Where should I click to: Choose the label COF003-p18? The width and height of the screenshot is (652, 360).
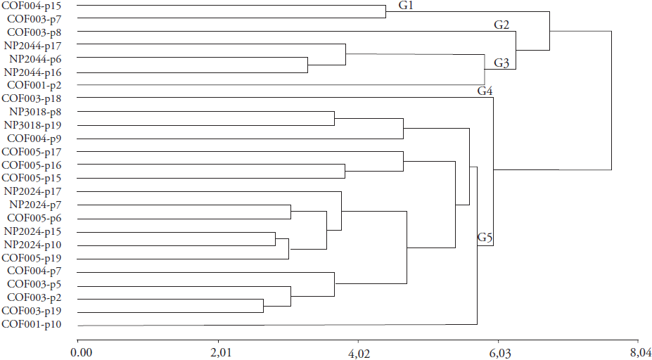pyautogui.click(x=37, y=98)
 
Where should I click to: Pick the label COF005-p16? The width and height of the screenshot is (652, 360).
pyautogui.click(x=37, y=165)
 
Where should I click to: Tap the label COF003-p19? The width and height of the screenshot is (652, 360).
pyautogui.click(x=37, y=311)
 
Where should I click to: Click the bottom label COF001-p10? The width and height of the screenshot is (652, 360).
pyautogui.click(x=37, y=324)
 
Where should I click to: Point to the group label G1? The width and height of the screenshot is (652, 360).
pyautogui.click(x=407, y=6)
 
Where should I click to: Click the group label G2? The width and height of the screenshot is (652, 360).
pyautogui.click(x=501, y=25)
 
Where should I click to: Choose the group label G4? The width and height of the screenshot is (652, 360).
pyautogui.click(x=485, y=91)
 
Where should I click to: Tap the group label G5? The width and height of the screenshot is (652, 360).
pyautogui.click(x=485, y=238)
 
